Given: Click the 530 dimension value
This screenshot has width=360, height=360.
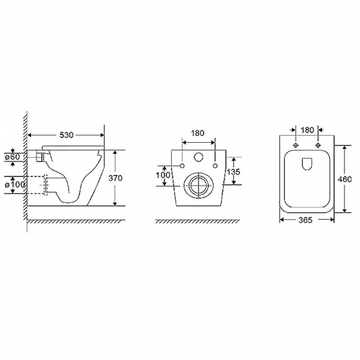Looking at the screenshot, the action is tap(66, 135).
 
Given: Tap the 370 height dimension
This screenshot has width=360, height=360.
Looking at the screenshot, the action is tap(115, 178).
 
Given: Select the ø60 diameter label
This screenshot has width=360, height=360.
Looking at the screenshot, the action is tap(12, 157).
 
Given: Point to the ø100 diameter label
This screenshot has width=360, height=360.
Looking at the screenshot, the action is tap(15, 184).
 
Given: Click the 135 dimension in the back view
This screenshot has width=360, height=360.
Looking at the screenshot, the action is tap(233, 172).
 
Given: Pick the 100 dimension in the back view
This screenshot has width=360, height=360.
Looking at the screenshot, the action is tap(163, 175).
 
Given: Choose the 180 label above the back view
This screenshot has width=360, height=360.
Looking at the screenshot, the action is tap(197, 133).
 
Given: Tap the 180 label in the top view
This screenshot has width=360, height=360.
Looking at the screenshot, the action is tap(307, 130).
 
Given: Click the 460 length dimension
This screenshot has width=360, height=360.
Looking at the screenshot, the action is tap(344, 179).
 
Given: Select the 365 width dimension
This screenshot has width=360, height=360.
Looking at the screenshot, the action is tap(305, 220).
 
